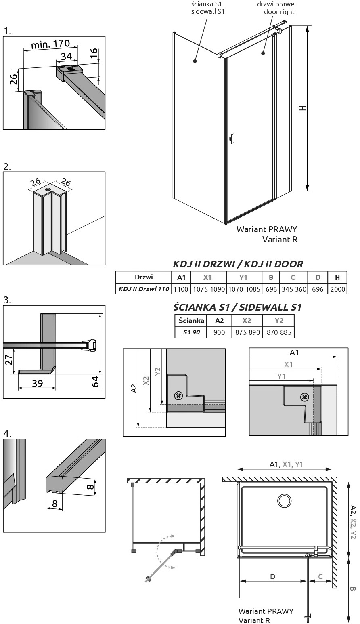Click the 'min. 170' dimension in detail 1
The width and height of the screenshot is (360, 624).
[50, 44]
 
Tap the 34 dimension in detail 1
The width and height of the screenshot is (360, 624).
[67, 56]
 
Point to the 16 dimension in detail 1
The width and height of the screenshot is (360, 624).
[94, 52]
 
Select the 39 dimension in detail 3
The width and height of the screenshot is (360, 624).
[37, 383]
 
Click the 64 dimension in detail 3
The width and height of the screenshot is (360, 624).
[95, 381]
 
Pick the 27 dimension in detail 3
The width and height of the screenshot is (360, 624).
[9, 359]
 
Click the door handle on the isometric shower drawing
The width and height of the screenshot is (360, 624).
[231, 139]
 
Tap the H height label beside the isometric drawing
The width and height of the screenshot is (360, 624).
[303, 108]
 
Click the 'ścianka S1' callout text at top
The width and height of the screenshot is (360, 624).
[207, 4]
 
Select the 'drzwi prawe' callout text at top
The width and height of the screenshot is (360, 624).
[275, 4]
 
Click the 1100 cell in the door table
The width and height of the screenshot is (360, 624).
[181, 289]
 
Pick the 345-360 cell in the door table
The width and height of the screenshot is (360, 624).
[294, 289]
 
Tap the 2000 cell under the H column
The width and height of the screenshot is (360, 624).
[337, 289]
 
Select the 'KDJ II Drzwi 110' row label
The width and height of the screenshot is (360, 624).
[144, 289]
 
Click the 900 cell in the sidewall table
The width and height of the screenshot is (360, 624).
[219, 332]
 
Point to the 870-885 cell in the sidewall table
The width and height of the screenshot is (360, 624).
[279, 332]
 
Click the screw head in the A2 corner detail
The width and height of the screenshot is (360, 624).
[178, 395]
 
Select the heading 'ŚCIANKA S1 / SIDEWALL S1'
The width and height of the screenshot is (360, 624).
[237, 307]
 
